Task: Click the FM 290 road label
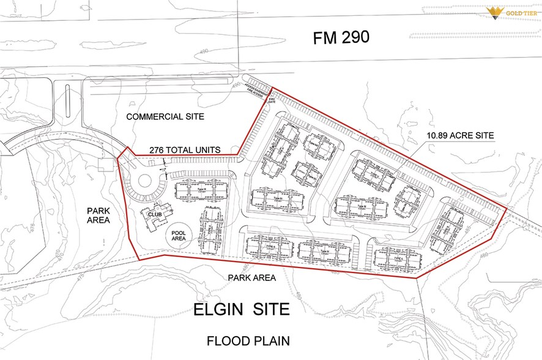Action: pos(341,38)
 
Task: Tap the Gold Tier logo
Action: pos(511,12)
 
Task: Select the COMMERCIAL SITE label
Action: pos(165,116)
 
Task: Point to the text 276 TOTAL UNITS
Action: pos(185,150)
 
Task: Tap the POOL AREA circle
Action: pos(179,236)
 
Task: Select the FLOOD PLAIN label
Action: pos(248,340)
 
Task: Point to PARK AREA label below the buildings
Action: pos(252,277)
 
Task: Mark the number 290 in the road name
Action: pos(354,38)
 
